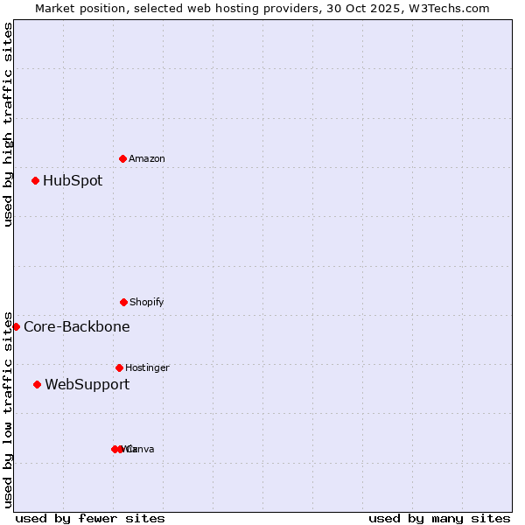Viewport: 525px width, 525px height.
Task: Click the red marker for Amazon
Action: [122, 158]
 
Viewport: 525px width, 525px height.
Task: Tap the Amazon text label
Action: [147, 158]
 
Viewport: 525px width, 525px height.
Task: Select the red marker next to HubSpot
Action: [35, 180]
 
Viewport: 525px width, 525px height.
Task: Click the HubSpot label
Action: [73, 181]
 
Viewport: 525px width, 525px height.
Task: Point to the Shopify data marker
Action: [123, 302]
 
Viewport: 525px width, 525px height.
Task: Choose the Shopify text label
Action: [147, 302]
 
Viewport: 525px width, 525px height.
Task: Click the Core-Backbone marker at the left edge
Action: [16, 326]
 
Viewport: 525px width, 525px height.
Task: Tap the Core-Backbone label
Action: [77, 327]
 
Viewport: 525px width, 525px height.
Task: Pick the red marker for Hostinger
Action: [119, 367]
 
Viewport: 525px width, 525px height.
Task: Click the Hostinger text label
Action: [147, 367]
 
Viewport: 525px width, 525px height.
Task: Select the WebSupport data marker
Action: [37, 384]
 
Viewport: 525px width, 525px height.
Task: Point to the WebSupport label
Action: [87, 385]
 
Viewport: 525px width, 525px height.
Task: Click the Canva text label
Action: [142, 449]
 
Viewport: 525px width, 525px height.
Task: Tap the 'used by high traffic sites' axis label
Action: [8, 124]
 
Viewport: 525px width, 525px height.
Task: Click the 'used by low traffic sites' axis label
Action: [8, 409]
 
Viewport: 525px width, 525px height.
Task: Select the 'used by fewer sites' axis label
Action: [90, 518]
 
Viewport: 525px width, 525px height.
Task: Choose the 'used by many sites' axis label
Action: [439, 518]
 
